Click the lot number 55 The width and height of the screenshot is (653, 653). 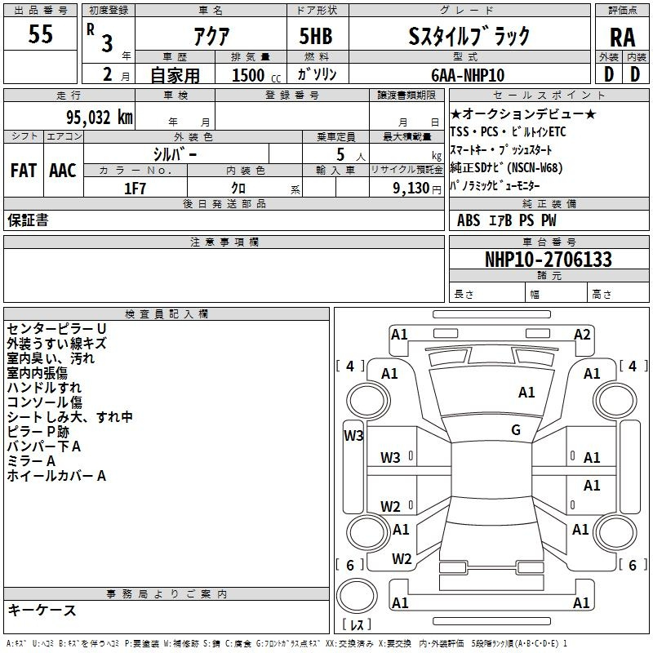tap(40, 33)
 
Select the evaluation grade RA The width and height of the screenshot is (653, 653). tap(622, 38)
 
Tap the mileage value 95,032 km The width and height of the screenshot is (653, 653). tap(99, 118)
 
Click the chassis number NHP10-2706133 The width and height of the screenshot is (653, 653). tap(548, 260)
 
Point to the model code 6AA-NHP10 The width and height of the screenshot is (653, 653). tap(468, 75)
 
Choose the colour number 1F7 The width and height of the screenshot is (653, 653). tap(135, 189)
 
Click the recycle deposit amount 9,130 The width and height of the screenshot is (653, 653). tap(411, 189)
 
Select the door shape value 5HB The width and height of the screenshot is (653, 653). tap(316, 36)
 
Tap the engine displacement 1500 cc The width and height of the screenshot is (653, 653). tap(256, 75)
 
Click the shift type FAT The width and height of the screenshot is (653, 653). tap(24, 171)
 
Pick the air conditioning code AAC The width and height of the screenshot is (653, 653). tap(63, 171)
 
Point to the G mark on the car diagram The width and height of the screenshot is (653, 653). tap(516, 430)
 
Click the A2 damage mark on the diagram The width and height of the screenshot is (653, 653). tap(582, 335)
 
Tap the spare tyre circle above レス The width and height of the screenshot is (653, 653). tap(357, 596)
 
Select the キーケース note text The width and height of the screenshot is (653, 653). tap(42, 610)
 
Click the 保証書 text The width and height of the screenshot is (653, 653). tap(28, 220)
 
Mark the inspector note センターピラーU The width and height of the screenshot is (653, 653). tap(56, 329)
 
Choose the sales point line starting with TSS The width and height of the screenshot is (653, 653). tap(508, 132)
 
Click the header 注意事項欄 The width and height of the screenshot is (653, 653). tap(224, 242)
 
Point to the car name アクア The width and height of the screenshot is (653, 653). tap(211, 36)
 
